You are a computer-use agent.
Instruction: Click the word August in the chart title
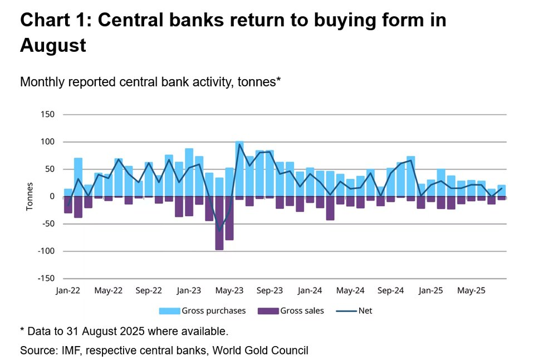pos(53,45)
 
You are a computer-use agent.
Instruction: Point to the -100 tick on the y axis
pos(47,251)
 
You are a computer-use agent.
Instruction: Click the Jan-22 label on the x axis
pos(68,290)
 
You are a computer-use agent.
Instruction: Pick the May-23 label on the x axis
pos(229,290)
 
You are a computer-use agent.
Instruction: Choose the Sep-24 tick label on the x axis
pos(390,290)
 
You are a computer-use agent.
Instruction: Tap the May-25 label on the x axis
pos(471,290)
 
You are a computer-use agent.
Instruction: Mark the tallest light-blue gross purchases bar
pos(239,169)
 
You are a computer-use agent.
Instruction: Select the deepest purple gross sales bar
pos(219,223)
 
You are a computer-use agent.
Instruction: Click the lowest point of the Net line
pos(219,231)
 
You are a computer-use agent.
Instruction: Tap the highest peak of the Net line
pos(239,144)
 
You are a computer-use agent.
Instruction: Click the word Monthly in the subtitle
pos(41,82)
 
